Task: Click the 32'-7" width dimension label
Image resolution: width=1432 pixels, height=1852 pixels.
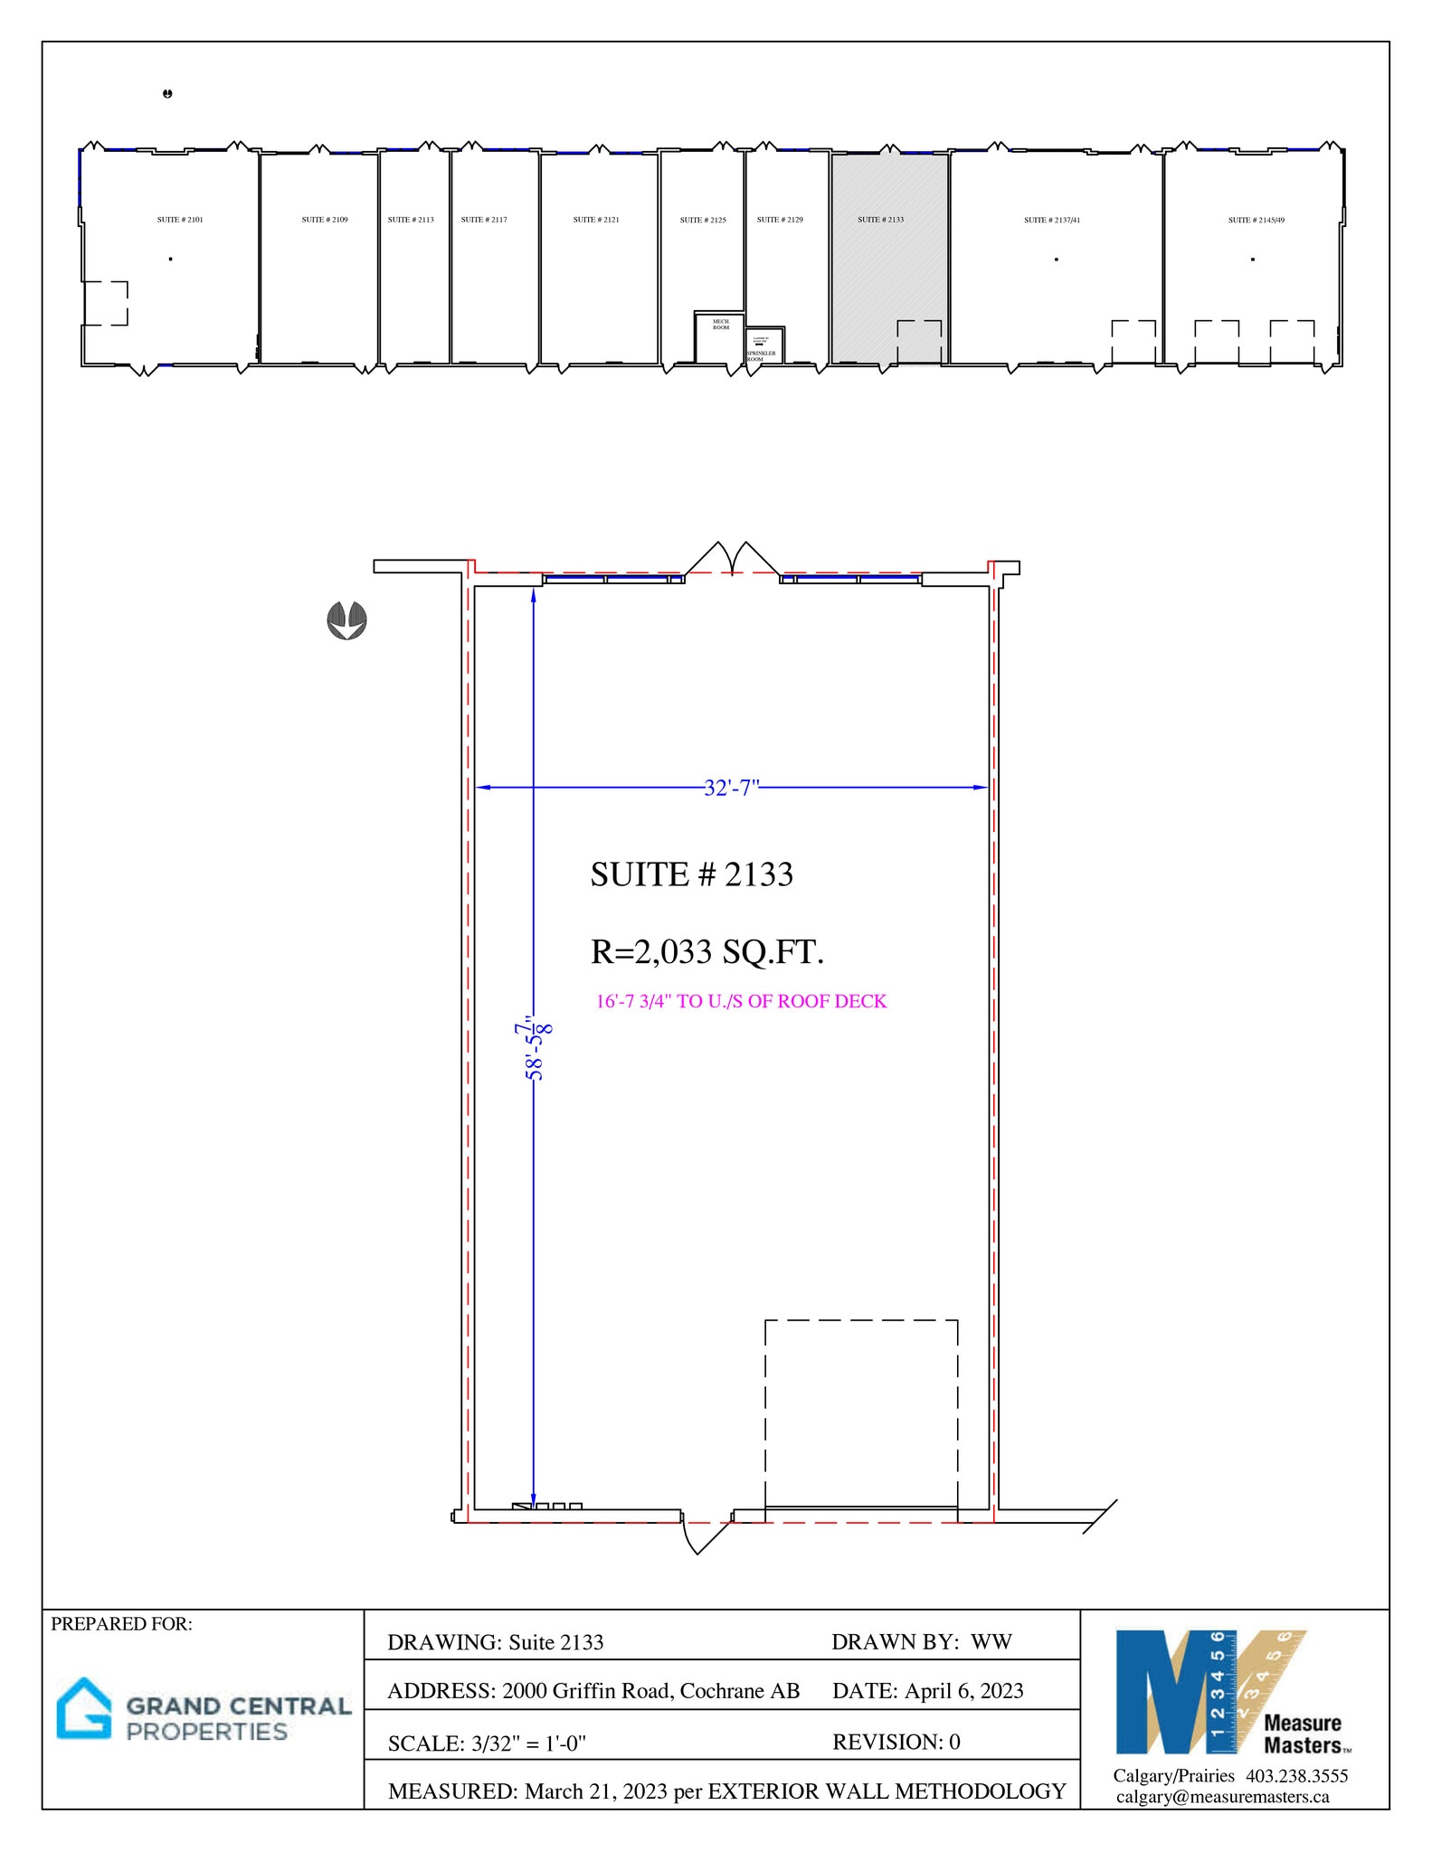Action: click(731, 788)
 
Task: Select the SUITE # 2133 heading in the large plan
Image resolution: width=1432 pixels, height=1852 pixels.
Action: click(691, 874)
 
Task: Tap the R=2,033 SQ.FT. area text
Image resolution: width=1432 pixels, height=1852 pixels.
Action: click(707, 952)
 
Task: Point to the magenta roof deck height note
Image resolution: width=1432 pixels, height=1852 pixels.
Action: click(741, 1001)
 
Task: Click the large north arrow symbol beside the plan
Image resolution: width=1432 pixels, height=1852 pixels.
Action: click(346, 620)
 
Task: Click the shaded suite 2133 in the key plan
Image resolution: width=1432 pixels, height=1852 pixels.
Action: click(889, 271)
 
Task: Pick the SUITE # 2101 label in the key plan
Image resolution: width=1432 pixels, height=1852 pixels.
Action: click(180, 220)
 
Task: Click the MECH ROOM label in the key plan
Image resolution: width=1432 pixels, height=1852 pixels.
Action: click(720, 325)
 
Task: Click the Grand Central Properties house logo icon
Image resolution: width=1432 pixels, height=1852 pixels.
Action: click(84, 1708)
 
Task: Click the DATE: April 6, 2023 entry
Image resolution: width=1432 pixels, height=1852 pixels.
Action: click(927, 1691)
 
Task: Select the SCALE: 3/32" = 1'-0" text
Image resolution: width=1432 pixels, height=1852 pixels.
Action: click(487, 1743)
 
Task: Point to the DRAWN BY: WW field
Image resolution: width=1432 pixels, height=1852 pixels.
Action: click(921, 1642)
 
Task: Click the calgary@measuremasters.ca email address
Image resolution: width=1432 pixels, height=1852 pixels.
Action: click(1222, 1797)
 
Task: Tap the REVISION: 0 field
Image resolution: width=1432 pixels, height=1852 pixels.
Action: click(896, 1742)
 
